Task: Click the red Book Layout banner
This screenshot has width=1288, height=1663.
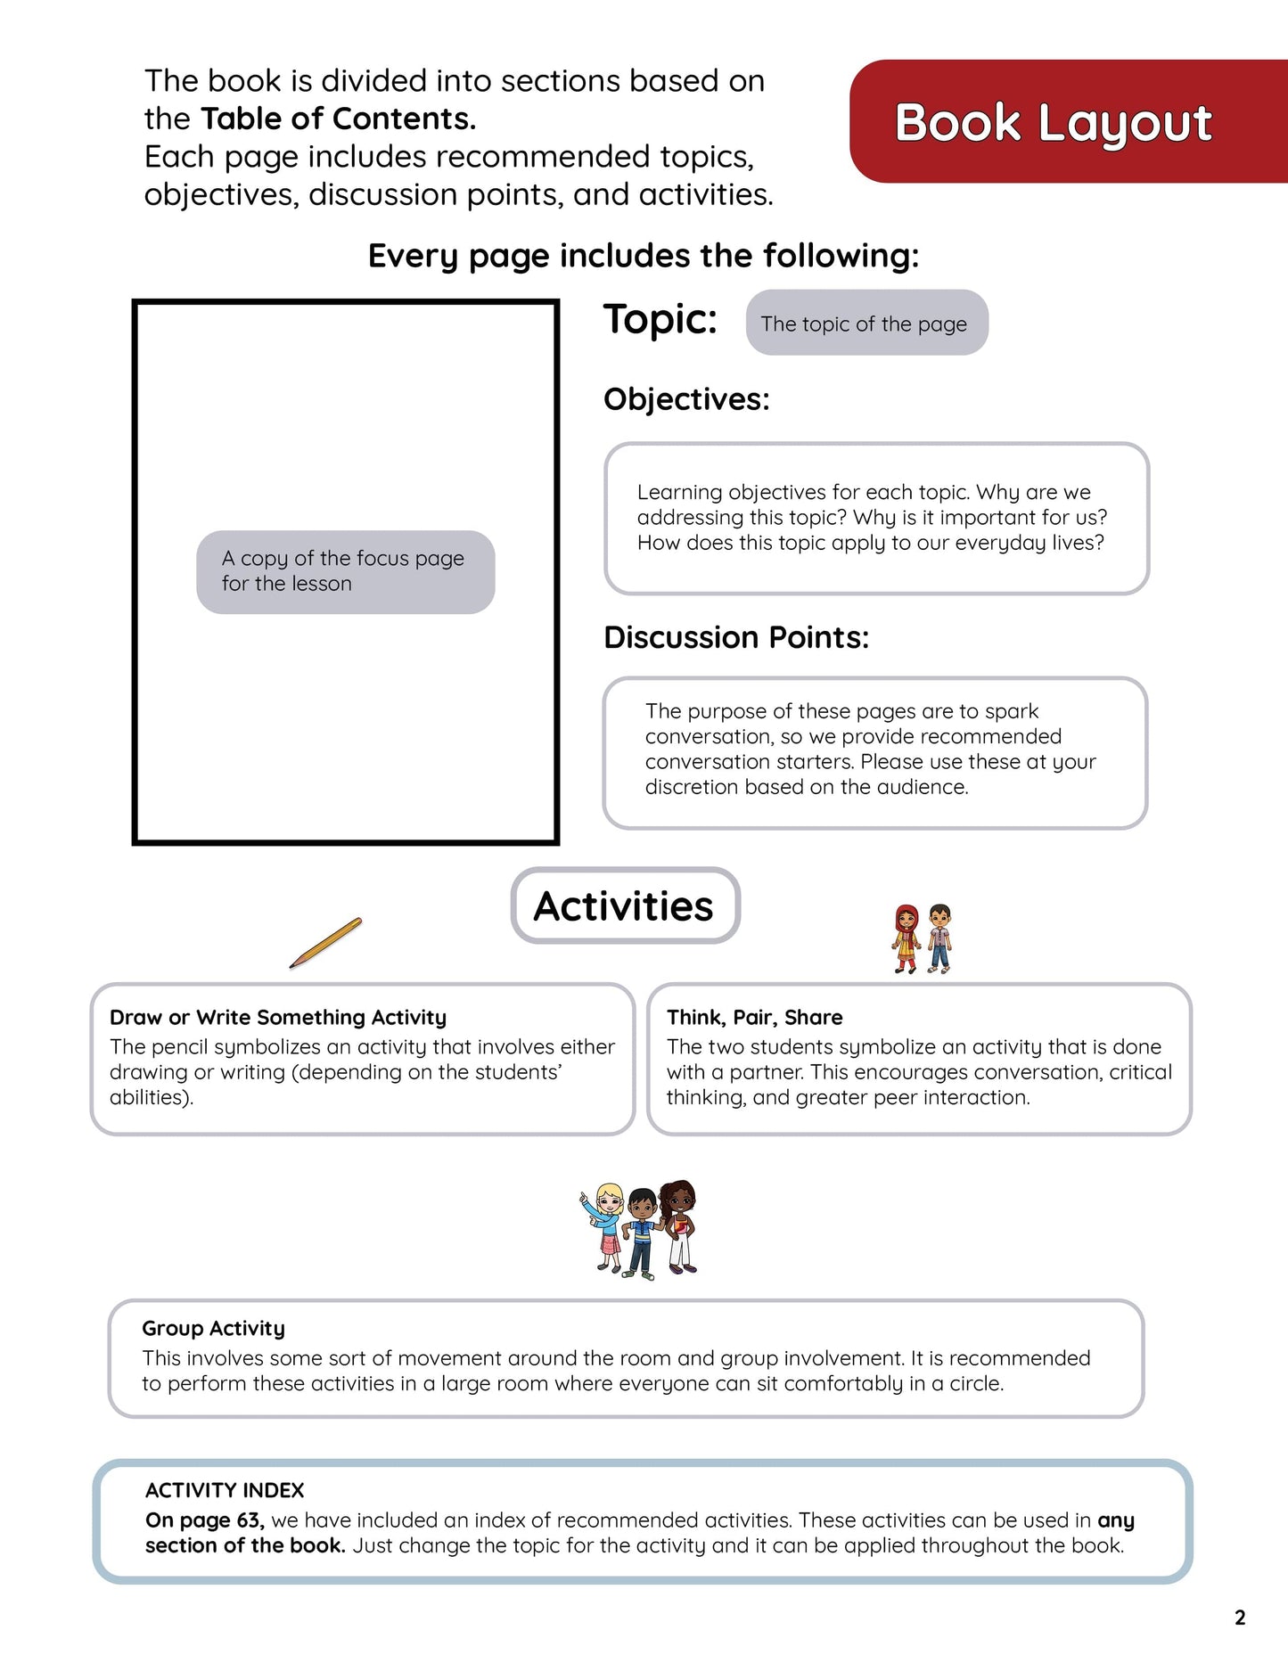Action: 1061,122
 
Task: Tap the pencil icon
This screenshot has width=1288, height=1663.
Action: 325,943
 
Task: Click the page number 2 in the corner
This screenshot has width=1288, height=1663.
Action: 1240,1617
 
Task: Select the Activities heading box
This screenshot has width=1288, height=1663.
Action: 625,905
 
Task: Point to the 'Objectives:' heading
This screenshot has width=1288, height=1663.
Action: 686,399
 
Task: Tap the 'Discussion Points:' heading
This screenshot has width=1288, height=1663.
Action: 736,637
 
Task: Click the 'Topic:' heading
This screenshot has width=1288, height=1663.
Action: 660,319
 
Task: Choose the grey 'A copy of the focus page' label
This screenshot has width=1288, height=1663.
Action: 345,571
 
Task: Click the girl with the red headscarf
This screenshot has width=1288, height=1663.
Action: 907,938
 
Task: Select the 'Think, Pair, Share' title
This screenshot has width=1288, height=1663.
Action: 754,1017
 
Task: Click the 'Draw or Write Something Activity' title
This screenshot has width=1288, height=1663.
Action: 278,1017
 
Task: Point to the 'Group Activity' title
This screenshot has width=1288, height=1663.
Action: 213,1328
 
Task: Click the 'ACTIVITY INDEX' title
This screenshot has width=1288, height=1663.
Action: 225,1490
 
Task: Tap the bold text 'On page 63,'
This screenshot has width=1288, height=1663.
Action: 204,1520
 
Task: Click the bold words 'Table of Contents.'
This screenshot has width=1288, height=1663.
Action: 338,119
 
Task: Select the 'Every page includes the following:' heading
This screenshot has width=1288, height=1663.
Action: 643,256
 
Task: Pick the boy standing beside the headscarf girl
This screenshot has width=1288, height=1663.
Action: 939,938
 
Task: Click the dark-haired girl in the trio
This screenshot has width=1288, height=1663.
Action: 679,1225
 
